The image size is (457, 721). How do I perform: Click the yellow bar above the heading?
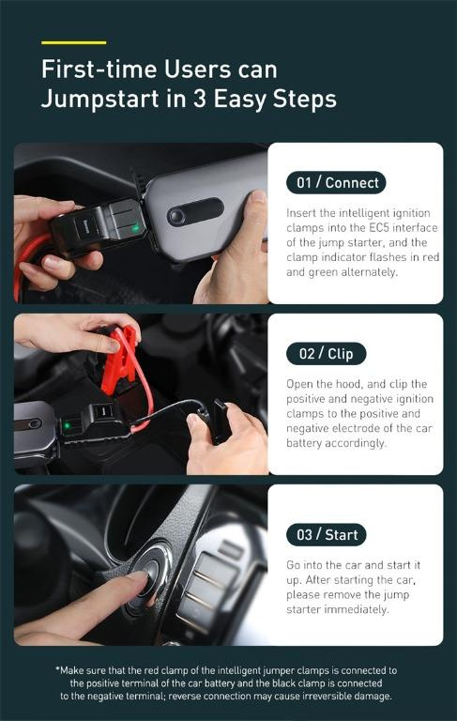click(x=73, y=42)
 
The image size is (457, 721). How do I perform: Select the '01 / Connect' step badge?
click(x=336, y=182)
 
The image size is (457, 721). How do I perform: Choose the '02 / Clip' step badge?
click(x=326, y=354)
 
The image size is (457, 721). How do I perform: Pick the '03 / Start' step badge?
click(x=327, y=534)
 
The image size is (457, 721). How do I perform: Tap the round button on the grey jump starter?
click(x=175, y=217)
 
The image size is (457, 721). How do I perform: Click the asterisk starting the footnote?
click(x=57, y=669)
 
